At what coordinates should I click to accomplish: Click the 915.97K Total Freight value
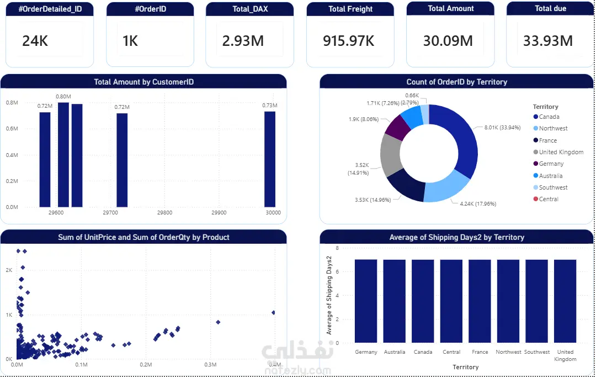point(349,41)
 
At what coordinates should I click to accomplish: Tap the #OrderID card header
point(150,9)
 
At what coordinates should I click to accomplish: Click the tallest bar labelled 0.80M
point(63,155)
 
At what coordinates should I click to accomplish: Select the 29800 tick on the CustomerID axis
point(164,213)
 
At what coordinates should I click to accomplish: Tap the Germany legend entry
point(551,164)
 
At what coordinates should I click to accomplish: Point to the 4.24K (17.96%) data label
point(478,203)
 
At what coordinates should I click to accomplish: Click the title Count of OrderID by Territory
point(456,82)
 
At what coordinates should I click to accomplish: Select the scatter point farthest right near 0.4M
point(273,313)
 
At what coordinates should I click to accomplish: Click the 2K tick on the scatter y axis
point(9,270)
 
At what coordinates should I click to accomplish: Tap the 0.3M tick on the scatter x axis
point(210,365)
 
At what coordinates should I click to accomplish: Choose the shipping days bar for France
point(480,301)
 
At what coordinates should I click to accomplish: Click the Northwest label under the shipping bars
point(508,352)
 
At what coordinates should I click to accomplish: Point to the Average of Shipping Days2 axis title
point(329,295)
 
